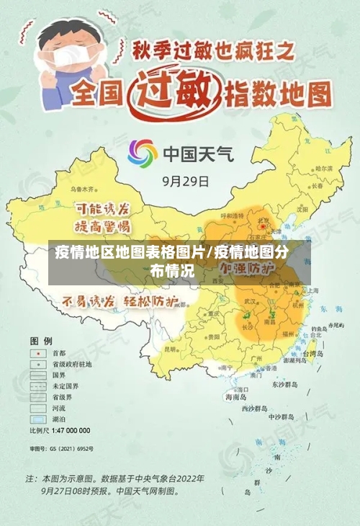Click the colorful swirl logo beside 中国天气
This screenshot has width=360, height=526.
(142, 153)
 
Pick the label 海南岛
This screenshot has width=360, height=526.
(236, 396)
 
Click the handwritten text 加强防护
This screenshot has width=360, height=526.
(248, 267)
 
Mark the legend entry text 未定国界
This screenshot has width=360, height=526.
(64, 385)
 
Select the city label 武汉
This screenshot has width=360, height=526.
(251, 300)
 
